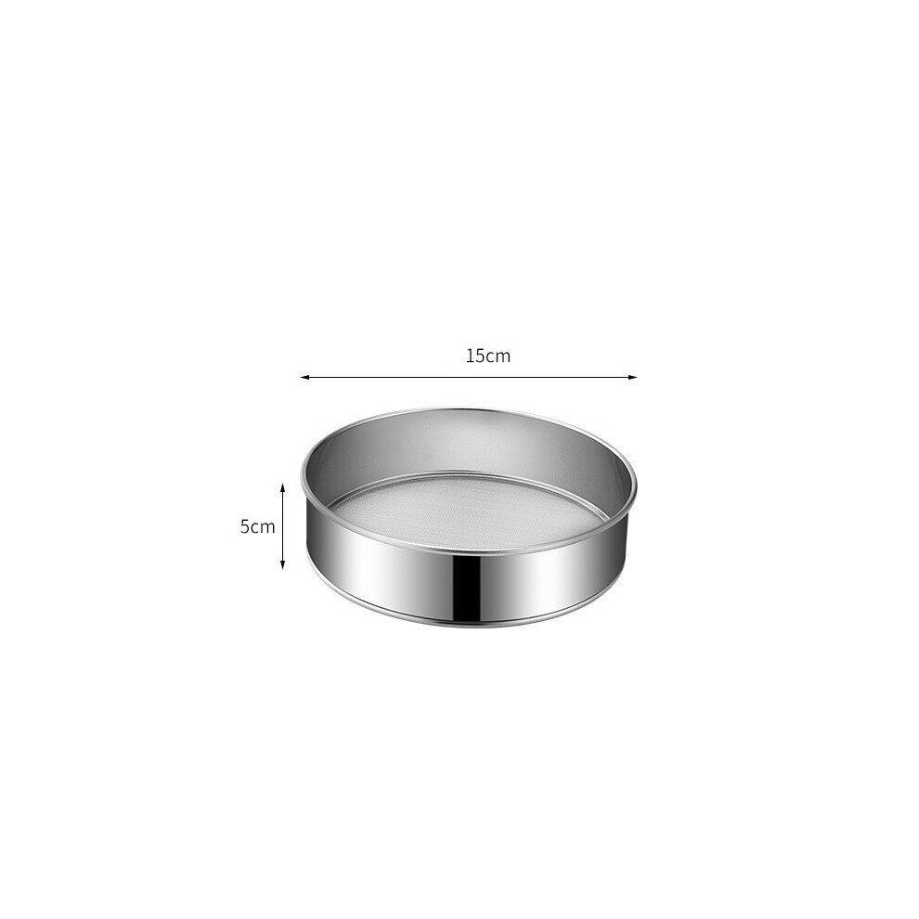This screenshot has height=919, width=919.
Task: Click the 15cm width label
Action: (x=488, y=356)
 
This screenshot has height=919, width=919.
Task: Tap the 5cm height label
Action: (x=257, y=526)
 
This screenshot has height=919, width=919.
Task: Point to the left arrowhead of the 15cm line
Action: (x=304, y=378)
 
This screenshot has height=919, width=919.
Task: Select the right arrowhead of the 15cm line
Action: (x=633, y=378)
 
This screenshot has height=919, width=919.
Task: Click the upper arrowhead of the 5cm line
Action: (x=282, y=487)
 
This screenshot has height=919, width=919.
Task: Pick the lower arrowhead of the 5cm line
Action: (x=282, y=564)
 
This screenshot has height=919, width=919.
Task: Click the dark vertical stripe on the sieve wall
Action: (x=467, y=586)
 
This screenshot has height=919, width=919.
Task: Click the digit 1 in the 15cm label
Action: (x=470, y=356)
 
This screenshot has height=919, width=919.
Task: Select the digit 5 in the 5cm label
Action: (x=245, y=526)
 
